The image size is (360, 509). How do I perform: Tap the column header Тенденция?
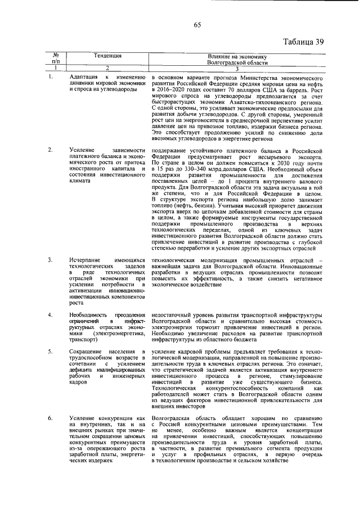click(106, 56)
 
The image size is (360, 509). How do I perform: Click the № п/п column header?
click(56, 59)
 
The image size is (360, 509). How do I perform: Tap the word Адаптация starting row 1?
click(83, 76)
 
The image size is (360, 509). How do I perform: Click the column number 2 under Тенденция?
click(106, 69)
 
